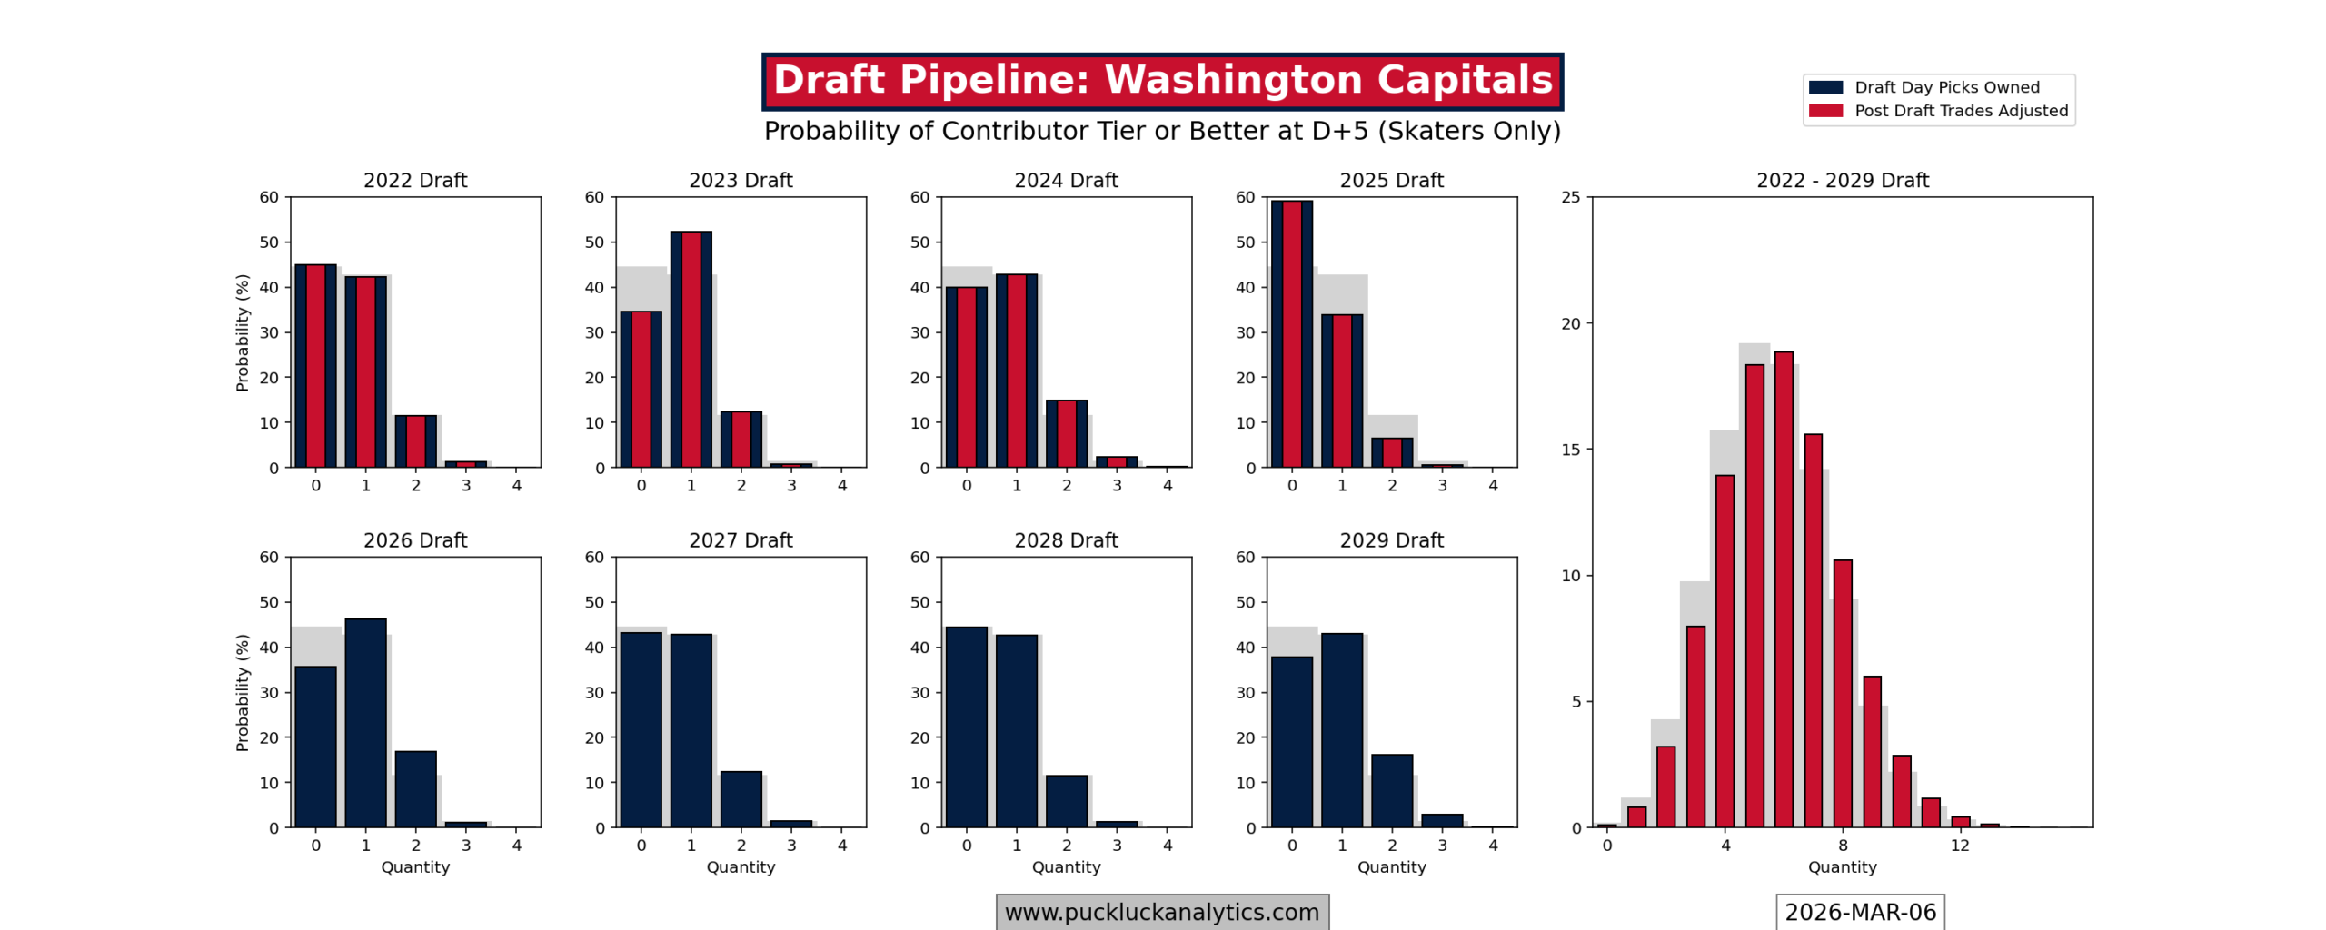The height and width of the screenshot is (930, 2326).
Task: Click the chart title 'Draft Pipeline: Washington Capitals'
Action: click(1161, 80)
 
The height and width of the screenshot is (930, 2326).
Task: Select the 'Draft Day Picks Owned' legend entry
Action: click(1945, 87)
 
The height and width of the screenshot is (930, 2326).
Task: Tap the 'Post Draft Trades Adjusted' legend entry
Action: click(1960, 111)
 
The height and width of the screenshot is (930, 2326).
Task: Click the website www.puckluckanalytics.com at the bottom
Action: click(1161, 911)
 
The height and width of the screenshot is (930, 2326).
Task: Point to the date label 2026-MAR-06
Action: click(1859, 911)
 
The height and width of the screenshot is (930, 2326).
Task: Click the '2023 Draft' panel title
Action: click(741, 180)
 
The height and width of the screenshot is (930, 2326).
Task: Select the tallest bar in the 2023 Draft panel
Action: click(691, 350)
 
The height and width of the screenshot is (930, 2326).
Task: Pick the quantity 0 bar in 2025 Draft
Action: click(1291, 334)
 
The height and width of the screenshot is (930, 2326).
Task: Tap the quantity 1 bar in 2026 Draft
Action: click(365, 723)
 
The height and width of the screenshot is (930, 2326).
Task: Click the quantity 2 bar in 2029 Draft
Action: click(1391, 790)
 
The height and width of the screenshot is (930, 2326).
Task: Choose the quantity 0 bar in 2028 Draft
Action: click(966, 727)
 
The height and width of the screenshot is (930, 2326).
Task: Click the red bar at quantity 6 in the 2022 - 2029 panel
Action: click(1784, 590)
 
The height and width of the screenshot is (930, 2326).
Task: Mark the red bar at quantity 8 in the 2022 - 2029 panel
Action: click(1842, 694)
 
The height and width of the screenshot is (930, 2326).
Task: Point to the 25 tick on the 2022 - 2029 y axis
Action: click(1570, 197)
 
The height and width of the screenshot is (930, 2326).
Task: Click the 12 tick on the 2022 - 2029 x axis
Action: click(1959, 845)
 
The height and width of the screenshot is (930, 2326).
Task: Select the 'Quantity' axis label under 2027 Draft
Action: click(741, 866)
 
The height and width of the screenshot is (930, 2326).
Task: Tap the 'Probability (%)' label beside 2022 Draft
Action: click(242, 332)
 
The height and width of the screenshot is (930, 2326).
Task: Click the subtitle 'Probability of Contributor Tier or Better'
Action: click(1161, 131)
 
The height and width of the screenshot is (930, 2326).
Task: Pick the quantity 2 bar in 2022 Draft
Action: click(415, 441)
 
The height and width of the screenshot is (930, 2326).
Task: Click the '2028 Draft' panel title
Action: click(1066, 540)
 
